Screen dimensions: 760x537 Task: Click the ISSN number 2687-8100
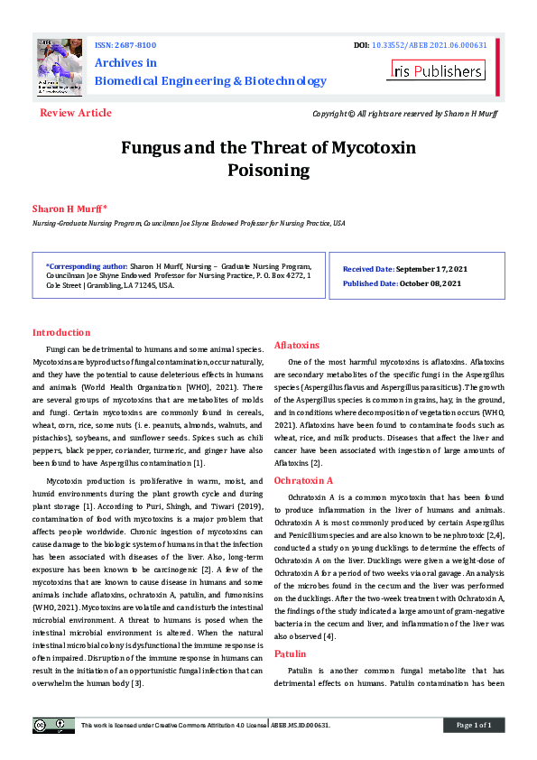(134, 44)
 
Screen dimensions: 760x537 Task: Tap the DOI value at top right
(429, 44)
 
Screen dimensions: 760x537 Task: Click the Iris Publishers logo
(436, 70)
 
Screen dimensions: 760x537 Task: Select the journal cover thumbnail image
(60, 69)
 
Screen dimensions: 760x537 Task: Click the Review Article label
(76, 113)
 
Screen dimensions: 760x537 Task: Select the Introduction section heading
(61, 332)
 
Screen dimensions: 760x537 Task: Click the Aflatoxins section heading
(297, 345)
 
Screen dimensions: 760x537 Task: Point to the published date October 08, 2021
(429, 283)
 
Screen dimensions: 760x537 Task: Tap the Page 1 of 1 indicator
(473, 725)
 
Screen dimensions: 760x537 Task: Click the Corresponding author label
(87, 267)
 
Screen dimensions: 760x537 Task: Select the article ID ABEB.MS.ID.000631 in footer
(301, 725)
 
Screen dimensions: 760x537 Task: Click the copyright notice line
(404, 114)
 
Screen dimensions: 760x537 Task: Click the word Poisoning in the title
(268, 170)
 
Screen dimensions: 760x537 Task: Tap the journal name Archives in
(125, 62)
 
